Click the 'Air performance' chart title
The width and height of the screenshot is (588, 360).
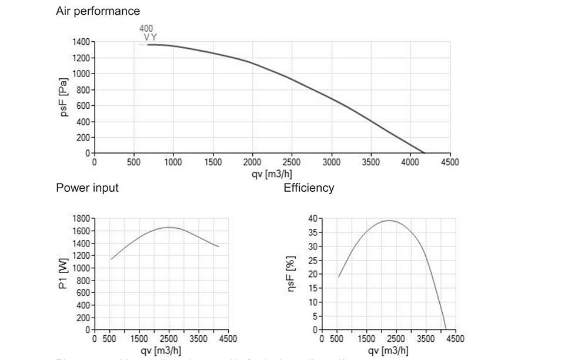pos(98,11)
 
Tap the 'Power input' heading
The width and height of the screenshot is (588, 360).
pos(87,188)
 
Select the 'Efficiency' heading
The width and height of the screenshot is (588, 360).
pos(309,188)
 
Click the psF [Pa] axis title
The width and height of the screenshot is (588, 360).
pos(64,98)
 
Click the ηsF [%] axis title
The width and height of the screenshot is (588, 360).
pos(290,274)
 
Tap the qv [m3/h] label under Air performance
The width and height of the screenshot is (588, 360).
pos(272,174)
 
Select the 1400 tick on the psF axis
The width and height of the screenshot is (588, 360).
pos(81,42)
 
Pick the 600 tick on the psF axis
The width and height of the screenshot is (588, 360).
pos(83,106)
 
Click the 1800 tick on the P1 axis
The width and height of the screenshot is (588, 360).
pos(81,218)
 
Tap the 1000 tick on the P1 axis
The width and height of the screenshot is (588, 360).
pos(81,268)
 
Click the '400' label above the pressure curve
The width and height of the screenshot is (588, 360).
pos(146,28)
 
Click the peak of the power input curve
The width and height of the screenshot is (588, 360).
pos(169,227)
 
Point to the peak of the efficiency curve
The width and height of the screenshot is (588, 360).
pos(389,221)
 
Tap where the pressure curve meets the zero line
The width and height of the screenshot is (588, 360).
pos(425,153)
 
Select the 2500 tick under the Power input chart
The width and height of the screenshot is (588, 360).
pos(169,339)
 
